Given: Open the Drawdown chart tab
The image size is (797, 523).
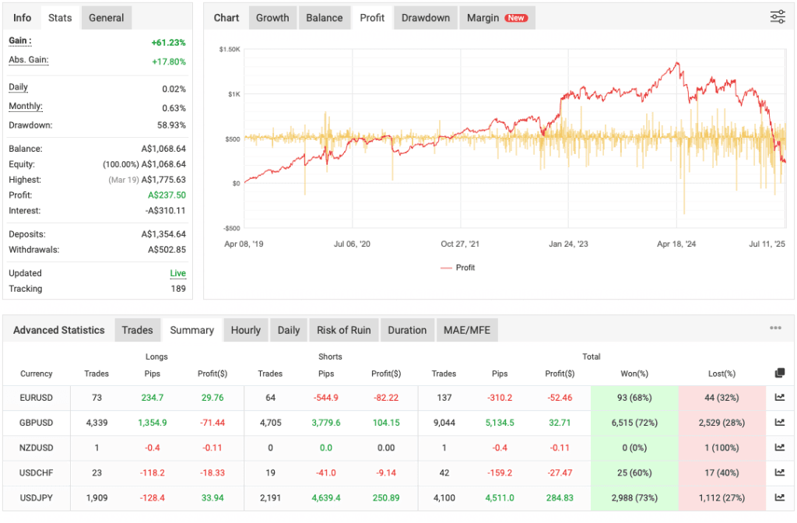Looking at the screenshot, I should coord(425,18).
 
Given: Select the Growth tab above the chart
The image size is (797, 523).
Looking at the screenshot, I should coord(272,18).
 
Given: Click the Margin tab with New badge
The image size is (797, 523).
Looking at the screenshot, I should coord(496,18).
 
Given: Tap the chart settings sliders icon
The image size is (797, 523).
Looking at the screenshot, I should coord(777,17).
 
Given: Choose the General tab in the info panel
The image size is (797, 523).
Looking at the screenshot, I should coord(107,18).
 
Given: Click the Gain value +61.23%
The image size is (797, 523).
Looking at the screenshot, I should coord(168,43).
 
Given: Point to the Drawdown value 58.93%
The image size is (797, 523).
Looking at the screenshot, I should coord(170,125).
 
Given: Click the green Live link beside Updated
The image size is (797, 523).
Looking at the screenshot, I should coord(178,274).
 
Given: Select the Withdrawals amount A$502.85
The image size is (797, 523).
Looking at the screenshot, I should coord(167,250).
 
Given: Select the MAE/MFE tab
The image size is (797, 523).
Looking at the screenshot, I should coord(467,330).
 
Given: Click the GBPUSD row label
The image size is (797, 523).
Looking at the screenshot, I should coord(37,423).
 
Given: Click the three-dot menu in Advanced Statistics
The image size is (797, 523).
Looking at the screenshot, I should coord(775,328).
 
